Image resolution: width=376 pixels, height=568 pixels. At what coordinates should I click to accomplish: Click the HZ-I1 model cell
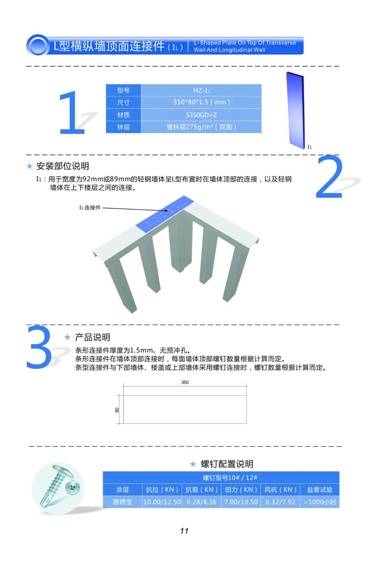pyautogui.click(x=201, y=90)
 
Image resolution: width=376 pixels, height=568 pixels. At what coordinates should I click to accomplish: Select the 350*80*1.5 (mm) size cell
pyautogui.click(x=201, y=102)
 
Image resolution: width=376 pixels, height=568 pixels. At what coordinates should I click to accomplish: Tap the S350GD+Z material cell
pyautogui.click(x=201, y=115)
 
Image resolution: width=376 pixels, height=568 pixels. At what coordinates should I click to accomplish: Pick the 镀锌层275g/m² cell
pyautogui.click(x=201, y=127)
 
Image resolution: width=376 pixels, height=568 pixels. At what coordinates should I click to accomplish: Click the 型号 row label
pyautogui.click(x=123, y=90)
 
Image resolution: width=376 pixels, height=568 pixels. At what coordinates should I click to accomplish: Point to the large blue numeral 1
pyautogui.click(x=72, y=112)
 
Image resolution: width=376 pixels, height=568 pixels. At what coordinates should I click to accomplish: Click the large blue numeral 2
pyautogui.click(x=329, y=177)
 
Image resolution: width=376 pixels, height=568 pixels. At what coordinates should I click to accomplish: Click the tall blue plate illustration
pyautogui.click(x=296, y=111)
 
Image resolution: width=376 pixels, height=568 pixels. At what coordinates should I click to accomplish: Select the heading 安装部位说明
pyautogui.click(x=63, y=166)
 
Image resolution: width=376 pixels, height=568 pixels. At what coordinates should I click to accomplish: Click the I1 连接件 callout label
pyautogui.click(x=90, y=208)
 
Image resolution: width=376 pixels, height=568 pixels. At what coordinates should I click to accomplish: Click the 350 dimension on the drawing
pyautogui.click(x=185, y=382)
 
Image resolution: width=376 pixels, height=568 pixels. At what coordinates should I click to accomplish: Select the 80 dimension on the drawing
pyautogui.click(x=117, y=410)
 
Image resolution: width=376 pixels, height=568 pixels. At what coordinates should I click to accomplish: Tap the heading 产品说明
pyautogui.click(x=93, y=337)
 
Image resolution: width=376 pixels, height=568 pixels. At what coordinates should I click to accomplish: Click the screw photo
pyautogui.click(x=58, y=488)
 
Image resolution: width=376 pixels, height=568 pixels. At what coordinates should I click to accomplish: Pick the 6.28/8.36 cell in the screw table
pyautogui.click(x=202, y=502)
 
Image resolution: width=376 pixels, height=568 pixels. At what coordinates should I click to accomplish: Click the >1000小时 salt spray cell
pyautogui.click(x=320, y=502)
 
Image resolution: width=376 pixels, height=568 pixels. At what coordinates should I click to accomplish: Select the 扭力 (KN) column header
pyautogui.click(x=241, y=490)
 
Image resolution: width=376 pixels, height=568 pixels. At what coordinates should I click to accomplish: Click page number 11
pyautogui.click(x=184, y=531)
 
